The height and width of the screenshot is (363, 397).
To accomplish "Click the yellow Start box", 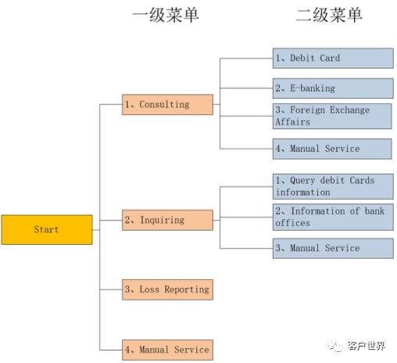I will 46,230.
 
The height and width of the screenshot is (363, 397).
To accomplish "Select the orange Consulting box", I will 167,105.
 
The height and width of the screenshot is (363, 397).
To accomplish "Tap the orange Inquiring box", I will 167,221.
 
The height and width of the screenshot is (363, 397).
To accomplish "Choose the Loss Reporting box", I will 167,289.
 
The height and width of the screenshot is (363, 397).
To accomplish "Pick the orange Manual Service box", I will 167,350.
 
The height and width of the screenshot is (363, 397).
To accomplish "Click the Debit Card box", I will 332,59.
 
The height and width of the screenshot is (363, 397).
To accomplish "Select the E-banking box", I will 332,88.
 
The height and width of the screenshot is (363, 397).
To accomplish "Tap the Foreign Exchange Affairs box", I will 332,116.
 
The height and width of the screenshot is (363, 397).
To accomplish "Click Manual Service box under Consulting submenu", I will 332,149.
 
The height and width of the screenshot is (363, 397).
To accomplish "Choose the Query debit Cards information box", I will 332,186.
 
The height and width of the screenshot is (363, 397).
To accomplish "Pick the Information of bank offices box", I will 332,217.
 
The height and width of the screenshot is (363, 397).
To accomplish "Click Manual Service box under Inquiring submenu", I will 332,248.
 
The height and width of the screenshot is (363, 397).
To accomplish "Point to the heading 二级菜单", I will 329,15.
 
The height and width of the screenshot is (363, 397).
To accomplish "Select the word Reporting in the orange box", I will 185,289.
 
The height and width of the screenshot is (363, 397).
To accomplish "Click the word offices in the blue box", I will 292,223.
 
